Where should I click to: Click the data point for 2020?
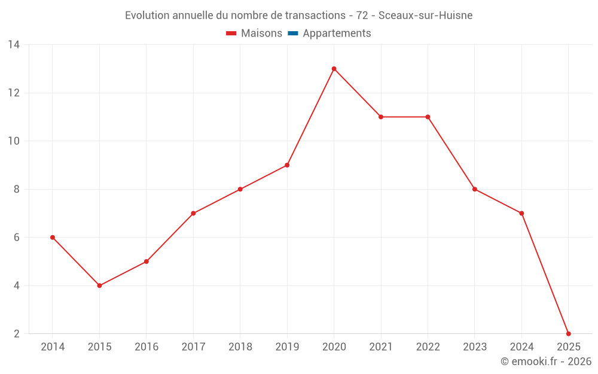click(x=334, y=69)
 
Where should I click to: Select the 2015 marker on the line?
click(x=99, y=285)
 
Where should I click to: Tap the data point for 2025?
click(x=568, y=333)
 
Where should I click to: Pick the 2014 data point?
click(x=53, y=238)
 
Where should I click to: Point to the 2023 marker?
click(x=475, y=189)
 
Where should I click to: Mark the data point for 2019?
click(x=287, y=165)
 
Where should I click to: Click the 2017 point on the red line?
click(x=193, y=213)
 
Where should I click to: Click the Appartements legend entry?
click(x=337, y=34)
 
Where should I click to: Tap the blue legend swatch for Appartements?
click(x=292, y=34)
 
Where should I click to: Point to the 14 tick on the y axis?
click(x=13, y=45)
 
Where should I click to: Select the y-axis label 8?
click(x=16, y=189)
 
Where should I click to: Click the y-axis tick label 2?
click(x=16, y=333)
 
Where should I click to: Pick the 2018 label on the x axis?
click(x=240, y=347)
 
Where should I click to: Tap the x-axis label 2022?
click(x=428, y=347)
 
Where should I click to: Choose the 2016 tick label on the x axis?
click(x=147, y=347)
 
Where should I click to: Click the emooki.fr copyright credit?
click(x=546, y=361)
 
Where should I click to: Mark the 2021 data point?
click(x=381, y=117)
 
